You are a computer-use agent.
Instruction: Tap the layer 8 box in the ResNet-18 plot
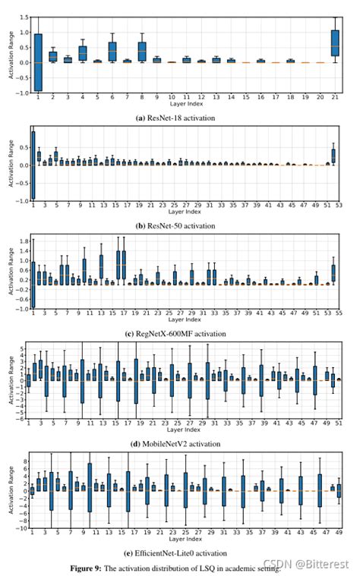coord(141,52)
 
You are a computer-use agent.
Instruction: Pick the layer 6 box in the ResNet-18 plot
coord(112,52)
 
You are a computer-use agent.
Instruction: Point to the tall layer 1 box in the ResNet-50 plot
coord(33,165)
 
